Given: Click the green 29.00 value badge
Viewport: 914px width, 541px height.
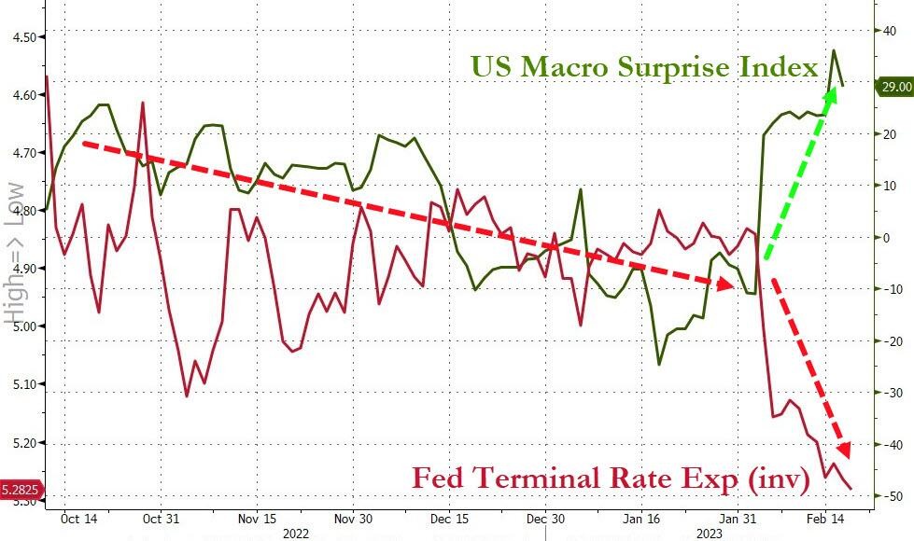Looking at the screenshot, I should pos(894,87).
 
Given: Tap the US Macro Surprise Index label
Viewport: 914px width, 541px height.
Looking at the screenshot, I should pos(643,67).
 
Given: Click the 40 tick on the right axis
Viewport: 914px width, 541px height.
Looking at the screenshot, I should pos(891,31).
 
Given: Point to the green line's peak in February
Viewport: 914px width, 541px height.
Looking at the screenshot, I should pos(834,50).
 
